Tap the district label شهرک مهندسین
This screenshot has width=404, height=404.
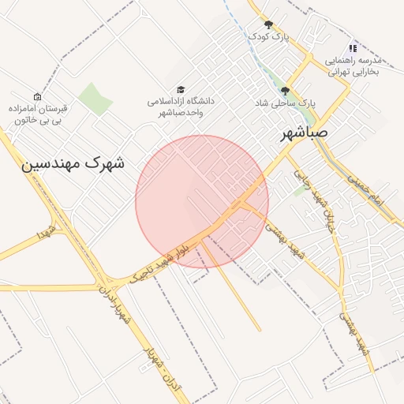[73, 164]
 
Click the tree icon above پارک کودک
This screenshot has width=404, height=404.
[268, 24]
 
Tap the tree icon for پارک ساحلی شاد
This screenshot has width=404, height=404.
[285, 91]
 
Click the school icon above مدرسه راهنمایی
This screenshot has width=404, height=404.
[353, 48]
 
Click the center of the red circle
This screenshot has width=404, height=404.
[202, 201]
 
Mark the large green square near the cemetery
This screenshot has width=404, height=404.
[95, 98]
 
